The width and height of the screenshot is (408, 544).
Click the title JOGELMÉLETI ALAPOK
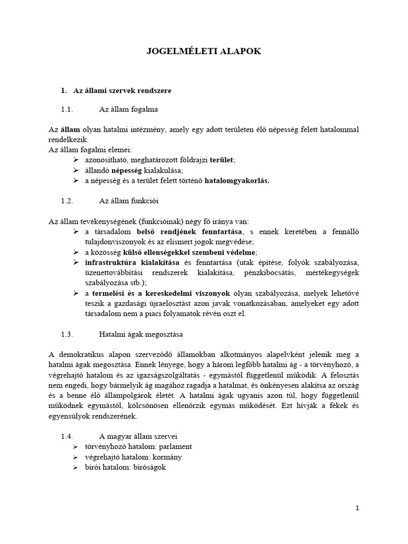tap(204, 52)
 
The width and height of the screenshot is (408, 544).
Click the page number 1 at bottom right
tap(358, 508)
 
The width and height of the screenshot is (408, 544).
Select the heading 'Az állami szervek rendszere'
tap(122, 91)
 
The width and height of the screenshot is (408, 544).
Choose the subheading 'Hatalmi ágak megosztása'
tap(141, 334)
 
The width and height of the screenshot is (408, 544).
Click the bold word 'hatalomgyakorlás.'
tap(237, 181)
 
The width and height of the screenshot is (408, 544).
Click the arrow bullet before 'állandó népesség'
tap(75, 170)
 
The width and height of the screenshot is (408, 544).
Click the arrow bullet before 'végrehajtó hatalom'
tap(75, 456)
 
